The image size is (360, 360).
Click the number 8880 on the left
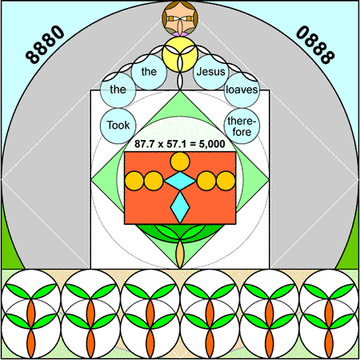pos(45,45)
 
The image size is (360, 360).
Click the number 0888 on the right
pos(315,45)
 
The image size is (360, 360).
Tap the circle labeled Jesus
pos(210,72)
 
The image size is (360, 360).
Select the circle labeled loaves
pos(242,90)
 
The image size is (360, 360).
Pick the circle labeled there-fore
pos(242,126)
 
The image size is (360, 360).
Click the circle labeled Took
pos(118,126)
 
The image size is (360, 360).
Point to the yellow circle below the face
pos(180,54)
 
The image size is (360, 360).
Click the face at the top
pos(180,18)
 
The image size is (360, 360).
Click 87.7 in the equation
pos(144,144)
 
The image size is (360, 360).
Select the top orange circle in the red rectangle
pos(180,162)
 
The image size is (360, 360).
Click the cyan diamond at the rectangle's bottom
pos(180,207)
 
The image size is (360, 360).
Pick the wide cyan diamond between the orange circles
pos(180,181)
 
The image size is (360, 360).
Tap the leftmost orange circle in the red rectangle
pos(134,181)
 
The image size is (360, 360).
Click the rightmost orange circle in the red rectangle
pos(226,181)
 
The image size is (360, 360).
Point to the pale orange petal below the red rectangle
pos(180,254)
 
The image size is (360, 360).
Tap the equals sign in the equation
pos(193,144)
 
